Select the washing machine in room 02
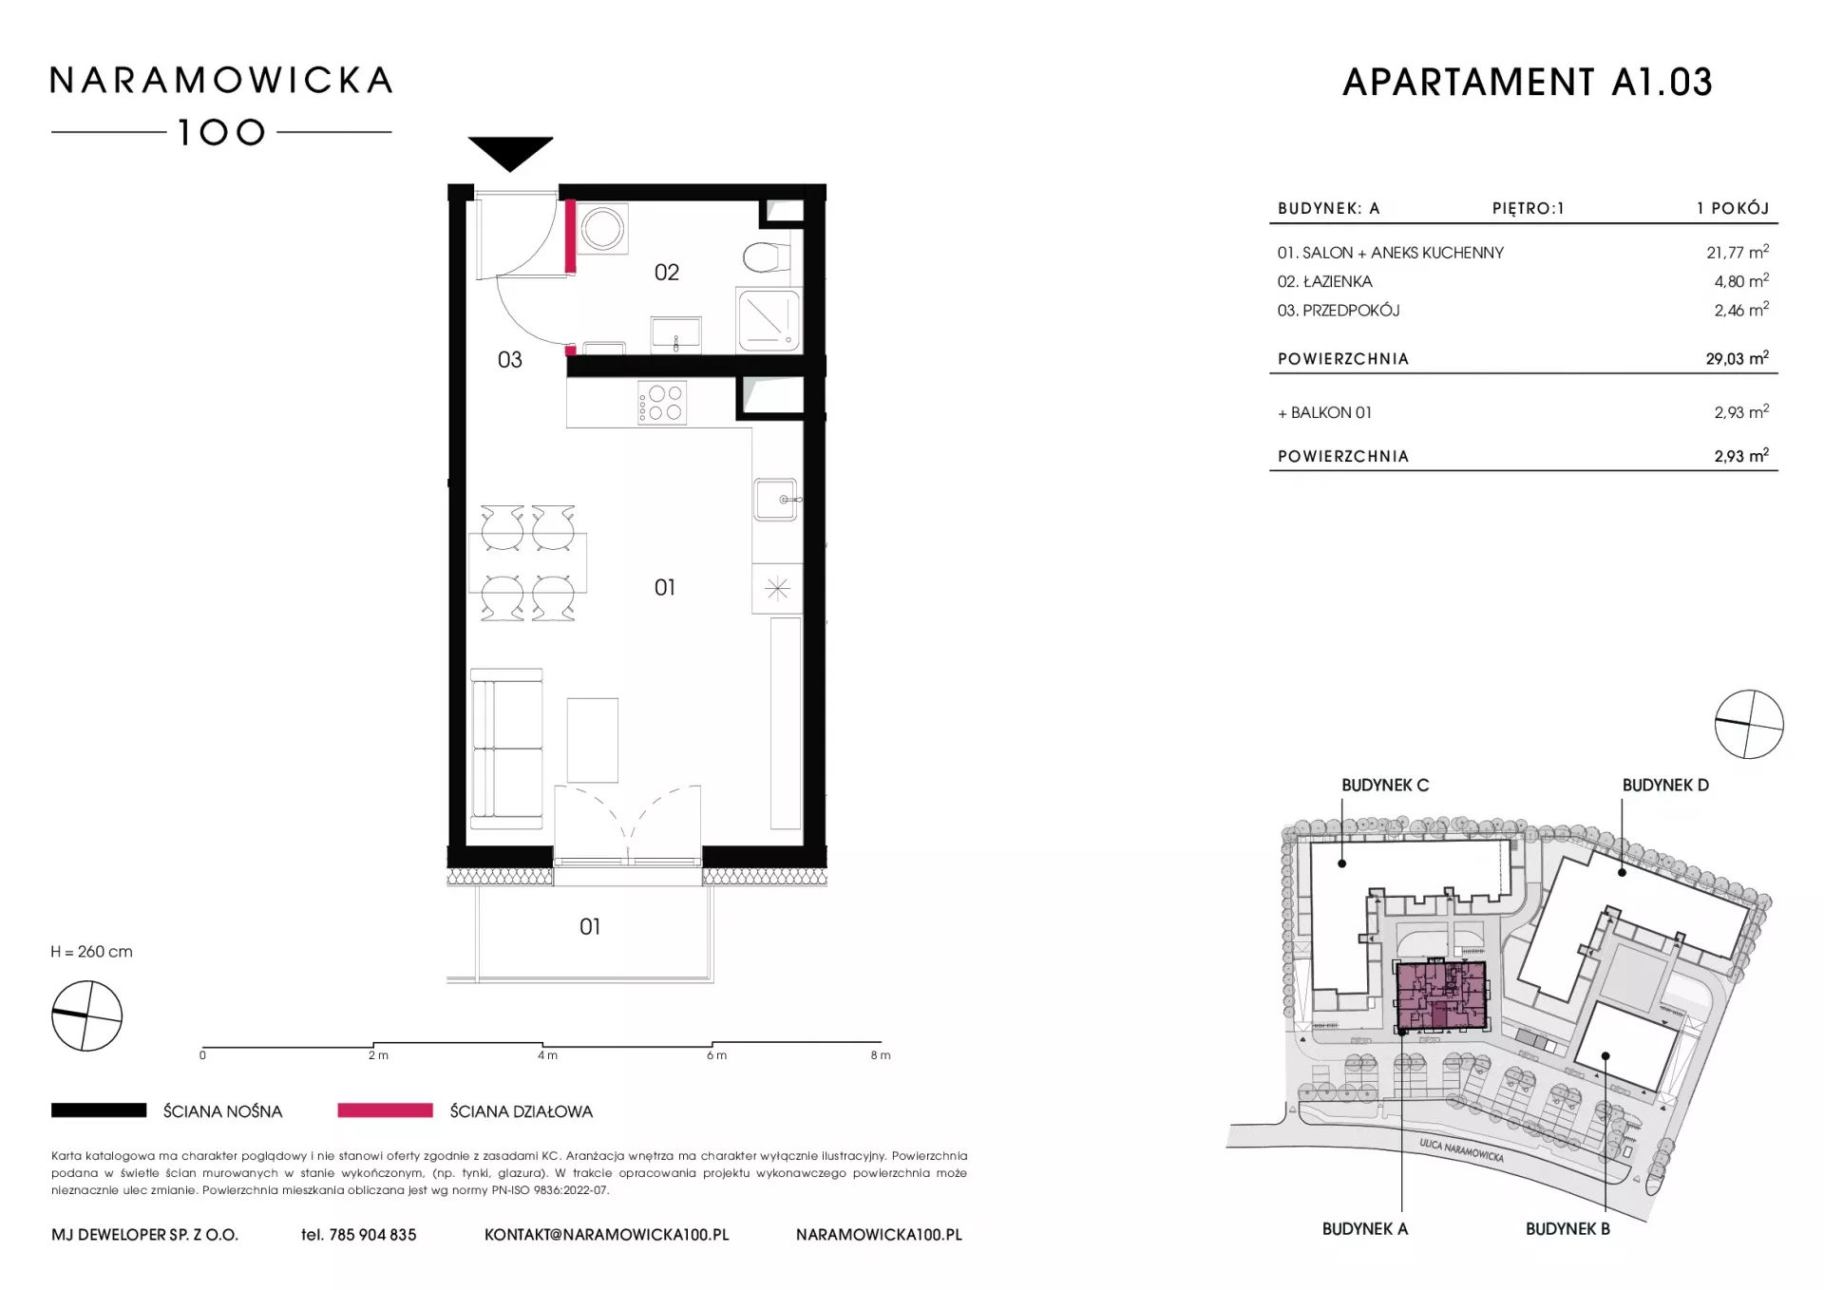[602, 228]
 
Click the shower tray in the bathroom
[769, 320]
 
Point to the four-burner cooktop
[662, 402]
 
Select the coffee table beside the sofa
[593, 740]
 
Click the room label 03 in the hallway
[510, 360]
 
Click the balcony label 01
[590, 926]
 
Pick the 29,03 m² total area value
[1737, 358]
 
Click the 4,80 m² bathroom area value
[1741, 281]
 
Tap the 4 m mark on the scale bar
[547, 1054]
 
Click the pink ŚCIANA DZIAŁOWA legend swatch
[385, 1110]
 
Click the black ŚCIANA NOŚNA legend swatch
[99, 1110]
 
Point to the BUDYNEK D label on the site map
[1665, 786]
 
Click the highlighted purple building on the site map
[1441, 996]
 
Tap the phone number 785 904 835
[372, 1235]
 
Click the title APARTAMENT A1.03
[1528, 83]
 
